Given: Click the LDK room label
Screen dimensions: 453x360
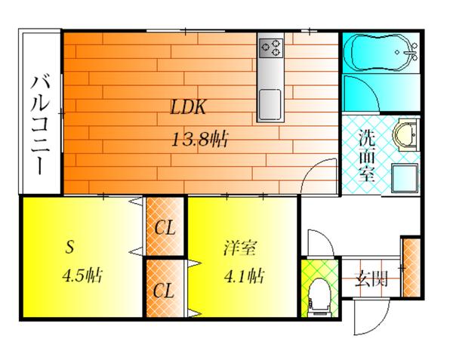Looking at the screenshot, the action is [x=188, y=107].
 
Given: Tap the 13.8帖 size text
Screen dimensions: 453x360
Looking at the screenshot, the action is [x=199, y=139].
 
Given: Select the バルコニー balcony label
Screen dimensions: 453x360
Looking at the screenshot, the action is [x=41, y=125].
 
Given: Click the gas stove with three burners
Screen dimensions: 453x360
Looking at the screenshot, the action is [x=271, y=48].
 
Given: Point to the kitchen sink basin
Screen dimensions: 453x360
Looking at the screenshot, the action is [x=270, y=104].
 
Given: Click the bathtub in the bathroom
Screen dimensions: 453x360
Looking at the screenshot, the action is [x=381, y=53].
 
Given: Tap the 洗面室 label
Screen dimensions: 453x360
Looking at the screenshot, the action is [x=367, y=156].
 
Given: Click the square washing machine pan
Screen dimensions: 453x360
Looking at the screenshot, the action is [x=405, y=178].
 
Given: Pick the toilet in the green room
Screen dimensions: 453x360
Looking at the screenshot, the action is [x=319, y=297].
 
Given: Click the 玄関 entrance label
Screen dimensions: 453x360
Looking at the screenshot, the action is [x=371, y=278].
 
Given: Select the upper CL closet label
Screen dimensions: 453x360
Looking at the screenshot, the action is [x=165, y=228].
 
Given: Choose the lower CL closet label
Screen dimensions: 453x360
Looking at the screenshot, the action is [x=164, y=291].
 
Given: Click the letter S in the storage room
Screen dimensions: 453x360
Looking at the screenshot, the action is [x=69, y=247].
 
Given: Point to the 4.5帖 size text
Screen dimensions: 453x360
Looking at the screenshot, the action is [x=82, y=275].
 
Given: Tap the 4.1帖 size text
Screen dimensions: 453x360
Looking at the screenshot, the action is [x=244, y=276].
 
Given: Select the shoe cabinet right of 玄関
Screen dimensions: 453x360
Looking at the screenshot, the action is [x=411, y=268].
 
